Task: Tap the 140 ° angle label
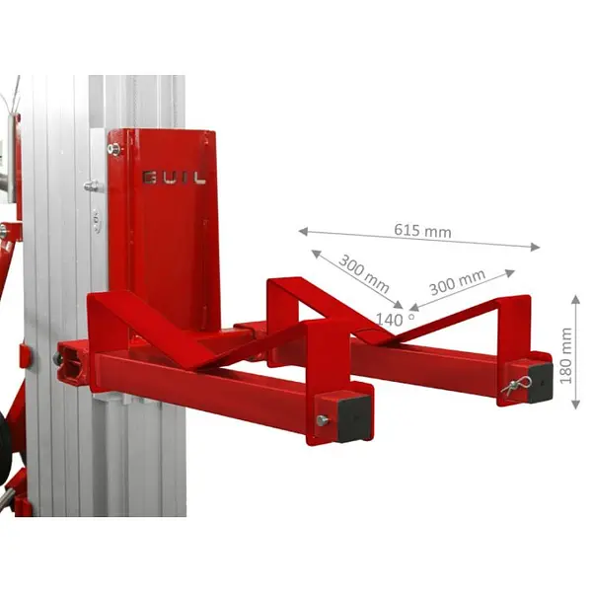coord(396,320)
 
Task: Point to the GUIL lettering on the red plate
coord(174,178)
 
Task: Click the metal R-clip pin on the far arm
coord(516,384)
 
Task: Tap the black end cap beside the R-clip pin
coord(541,379)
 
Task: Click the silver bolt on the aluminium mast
coord(91,185)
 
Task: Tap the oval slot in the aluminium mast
coord(96,218)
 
